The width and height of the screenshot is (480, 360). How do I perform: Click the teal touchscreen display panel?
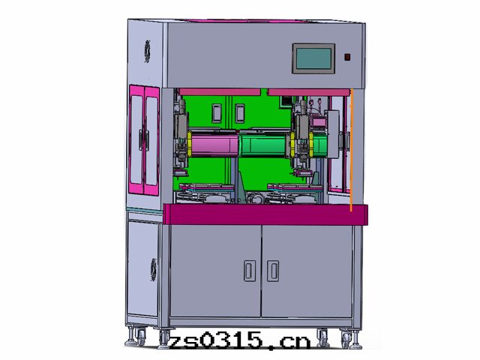click(x=313, y=58)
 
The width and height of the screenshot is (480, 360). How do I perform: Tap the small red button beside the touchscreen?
click(x=347, y=57)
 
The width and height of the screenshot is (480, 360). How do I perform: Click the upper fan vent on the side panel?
click(x=148, y=52)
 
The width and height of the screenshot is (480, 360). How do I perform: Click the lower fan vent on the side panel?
click(x=154, y=270)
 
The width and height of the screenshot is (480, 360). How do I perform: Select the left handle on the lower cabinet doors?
click(x=250, y=271)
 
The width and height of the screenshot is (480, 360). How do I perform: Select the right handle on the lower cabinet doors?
click(x=273, y=271)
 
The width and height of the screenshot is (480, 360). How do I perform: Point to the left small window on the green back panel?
click(x=217, y=113)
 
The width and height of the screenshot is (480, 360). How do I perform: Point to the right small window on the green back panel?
click(x=240, y=113)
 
